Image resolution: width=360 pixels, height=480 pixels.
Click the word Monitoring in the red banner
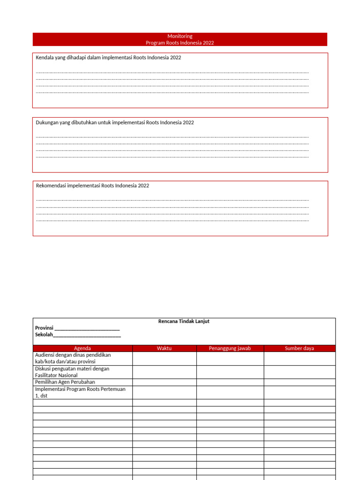[180, 36]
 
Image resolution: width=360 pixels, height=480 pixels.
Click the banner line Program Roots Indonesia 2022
[180, 43]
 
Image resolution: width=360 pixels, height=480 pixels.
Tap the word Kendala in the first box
[45, 58]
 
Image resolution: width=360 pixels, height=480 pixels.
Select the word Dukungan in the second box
[47, 122]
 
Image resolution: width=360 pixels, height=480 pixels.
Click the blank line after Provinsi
[87, 328]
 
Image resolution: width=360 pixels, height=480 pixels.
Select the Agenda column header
[82, 348]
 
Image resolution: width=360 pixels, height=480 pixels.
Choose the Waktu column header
[165, 348]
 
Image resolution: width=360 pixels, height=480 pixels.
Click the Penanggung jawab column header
[230, 348]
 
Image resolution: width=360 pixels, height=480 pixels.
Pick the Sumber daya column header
[300, 348]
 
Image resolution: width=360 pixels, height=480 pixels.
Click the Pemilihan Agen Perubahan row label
[65, 382]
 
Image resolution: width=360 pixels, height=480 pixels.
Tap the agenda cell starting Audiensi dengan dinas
[73, 358]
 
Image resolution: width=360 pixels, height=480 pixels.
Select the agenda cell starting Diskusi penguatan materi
[72, 372]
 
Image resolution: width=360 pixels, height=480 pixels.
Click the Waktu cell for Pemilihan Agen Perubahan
[165, 382]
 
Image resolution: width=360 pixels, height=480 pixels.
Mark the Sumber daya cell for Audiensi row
[300, 358]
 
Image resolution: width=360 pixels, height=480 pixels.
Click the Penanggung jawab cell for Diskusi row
[230, 372]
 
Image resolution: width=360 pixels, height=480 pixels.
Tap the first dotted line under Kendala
[172, 73]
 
